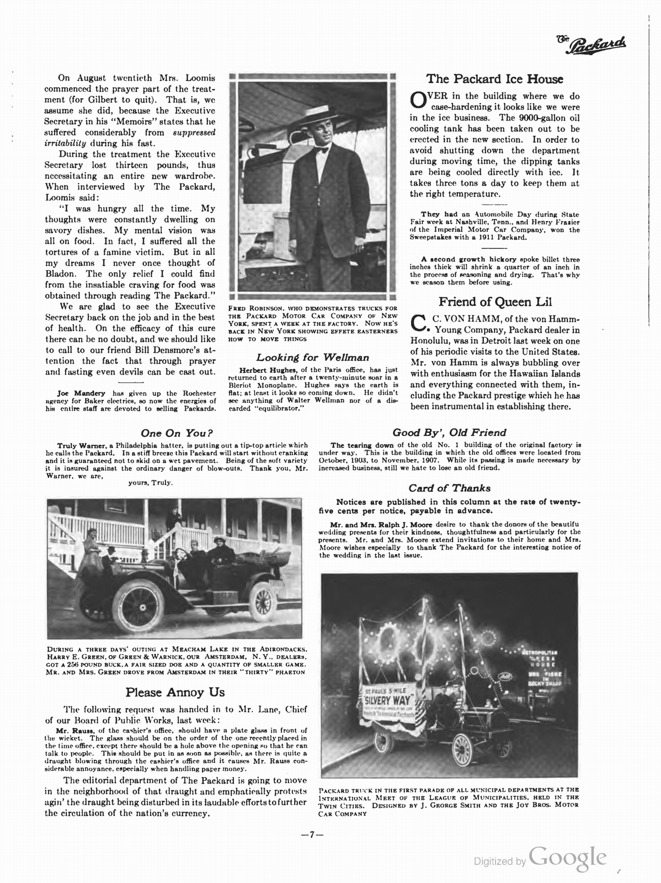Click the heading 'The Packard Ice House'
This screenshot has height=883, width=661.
coord(495,79)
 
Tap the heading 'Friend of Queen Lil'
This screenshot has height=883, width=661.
coord(495,302)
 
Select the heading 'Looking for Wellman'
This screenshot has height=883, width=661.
coord(313,358)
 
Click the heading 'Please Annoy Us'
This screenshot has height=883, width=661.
coord(175,691)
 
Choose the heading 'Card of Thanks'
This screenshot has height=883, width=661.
coord(449,488)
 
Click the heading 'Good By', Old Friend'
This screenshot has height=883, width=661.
coord(449,433)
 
